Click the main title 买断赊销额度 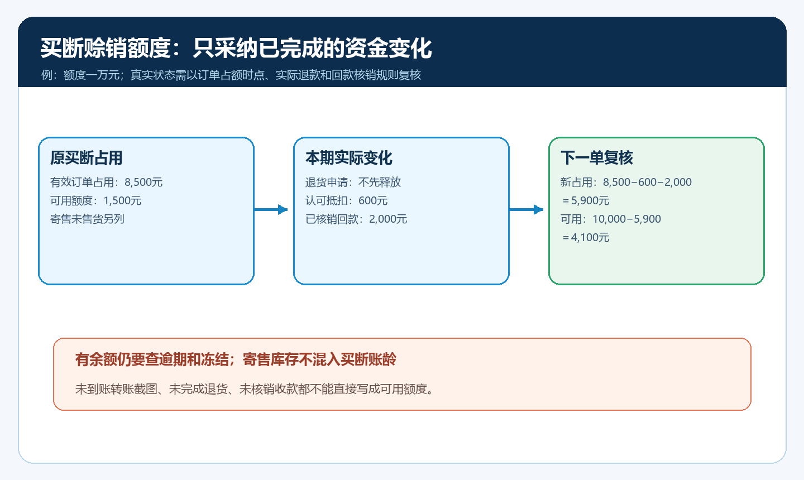tap(105, 48)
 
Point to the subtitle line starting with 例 tap(231, 75)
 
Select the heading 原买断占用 tap(86, 158)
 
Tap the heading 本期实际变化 tap(348, 158)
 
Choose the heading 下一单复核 tap(596, 158)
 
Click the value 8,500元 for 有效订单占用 tap(143, 183)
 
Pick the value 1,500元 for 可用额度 tap(122, 200)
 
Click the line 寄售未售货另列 tap(87, 219)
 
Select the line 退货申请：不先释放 tap(353, 183)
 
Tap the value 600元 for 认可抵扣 tap(373, 200)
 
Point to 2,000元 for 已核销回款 tap(388, 219)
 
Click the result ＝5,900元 tap(585, 200)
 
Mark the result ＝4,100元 tap(585, 237)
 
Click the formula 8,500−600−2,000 tap(647, 183)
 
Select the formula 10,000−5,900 tap(626, 219)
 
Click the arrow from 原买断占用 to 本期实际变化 tap(271, 209)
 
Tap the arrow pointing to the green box tap(526, 209)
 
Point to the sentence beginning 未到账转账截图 tap(255, 389)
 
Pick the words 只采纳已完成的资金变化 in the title tap(312, 48)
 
